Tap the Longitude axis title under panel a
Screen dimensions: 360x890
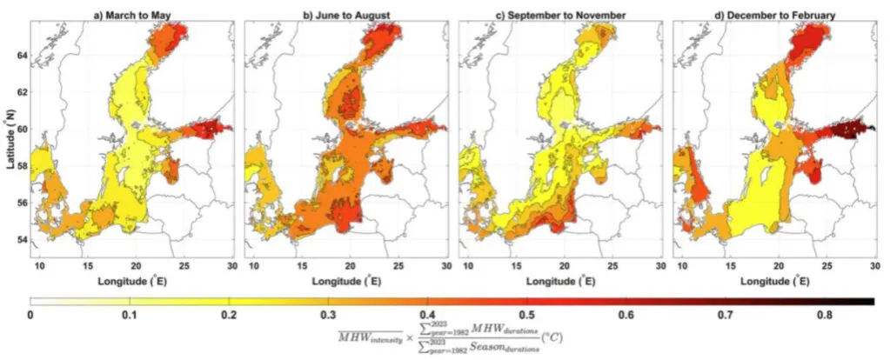(x=133, y=281)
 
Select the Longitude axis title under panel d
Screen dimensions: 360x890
(x=774, y=281)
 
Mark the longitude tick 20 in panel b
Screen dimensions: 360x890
(x=349, y=264)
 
